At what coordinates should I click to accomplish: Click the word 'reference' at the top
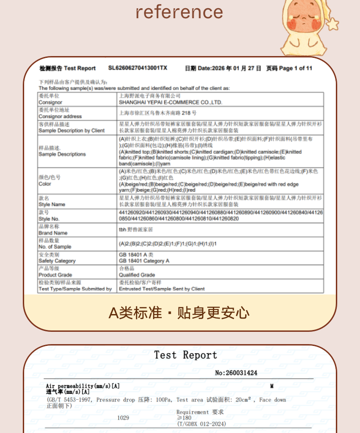tap(180, 12)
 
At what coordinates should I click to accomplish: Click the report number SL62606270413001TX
tap(138, 68)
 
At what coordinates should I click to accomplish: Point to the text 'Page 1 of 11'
tap(295, 68)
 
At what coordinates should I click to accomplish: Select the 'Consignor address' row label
tap(60, 117)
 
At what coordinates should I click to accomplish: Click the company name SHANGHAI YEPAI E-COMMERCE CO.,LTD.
tap(170, 103)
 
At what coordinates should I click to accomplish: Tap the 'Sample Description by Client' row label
tap(72, 131)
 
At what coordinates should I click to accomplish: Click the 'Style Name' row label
tap(52, 205)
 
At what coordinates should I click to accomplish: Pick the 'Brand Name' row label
tap(53, 233)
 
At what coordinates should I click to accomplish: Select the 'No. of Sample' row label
tap(55, 247)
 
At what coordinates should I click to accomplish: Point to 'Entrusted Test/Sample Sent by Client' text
tap(162, 289)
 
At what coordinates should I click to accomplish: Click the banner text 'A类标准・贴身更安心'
tap(179, 313)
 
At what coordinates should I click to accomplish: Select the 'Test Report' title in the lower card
tap(185, 356)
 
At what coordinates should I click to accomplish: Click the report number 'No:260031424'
tap(236, 373)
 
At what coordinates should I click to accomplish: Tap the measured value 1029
tap(123, 418)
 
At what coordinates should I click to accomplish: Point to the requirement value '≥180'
tap(184, 418)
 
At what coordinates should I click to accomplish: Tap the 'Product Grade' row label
tap(55, 275)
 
